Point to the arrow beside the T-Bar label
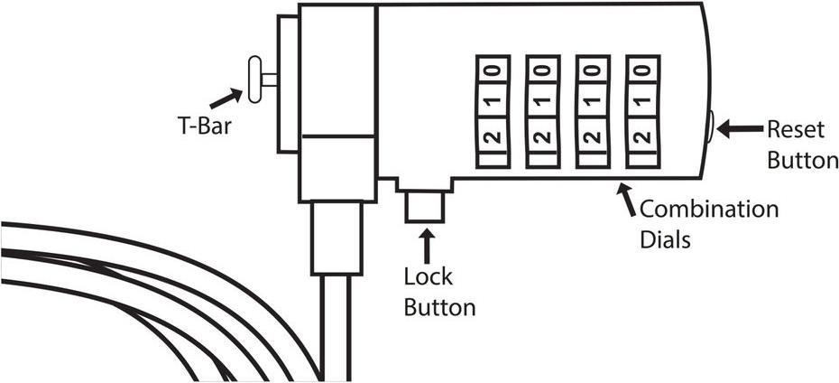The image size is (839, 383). (x=226, y=95)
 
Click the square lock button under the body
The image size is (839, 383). (x=423, y=206)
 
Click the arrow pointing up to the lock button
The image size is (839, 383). (x=425, y=247)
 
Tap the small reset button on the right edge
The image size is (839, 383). (x=713, y=126)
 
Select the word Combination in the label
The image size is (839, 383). (x=708, y=210)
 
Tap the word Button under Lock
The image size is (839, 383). (x=439, y=307)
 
